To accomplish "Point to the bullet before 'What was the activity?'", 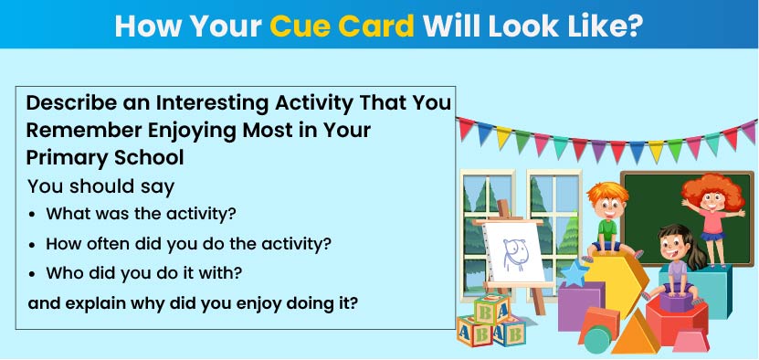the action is [x=32, y=215].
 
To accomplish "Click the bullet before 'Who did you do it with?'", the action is [x=32, y=275].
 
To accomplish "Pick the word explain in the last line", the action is [x=91, y=303].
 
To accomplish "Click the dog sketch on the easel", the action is [x=513, y=253].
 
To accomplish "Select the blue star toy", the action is [x=575, y=274].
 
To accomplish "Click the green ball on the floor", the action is [x=597, y=340].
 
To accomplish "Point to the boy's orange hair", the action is [x=607, y=194].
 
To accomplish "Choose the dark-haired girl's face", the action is [x=673, y=249].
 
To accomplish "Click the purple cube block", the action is [x=581, y=306].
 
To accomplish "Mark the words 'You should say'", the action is [x=100, y=187].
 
